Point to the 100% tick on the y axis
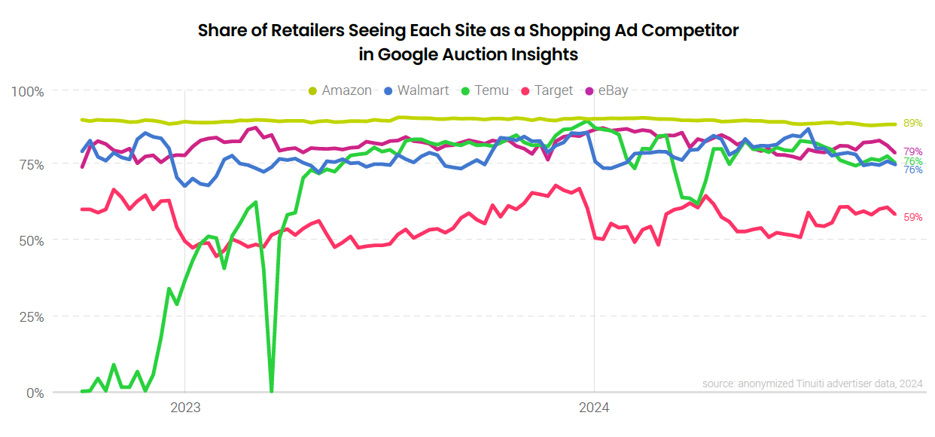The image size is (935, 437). (x=28, y=91)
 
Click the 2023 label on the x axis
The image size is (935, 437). (x=185, y=409)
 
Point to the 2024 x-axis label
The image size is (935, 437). (x=594, y=409)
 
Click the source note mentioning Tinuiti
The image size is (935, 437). (x=812, y=384)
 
